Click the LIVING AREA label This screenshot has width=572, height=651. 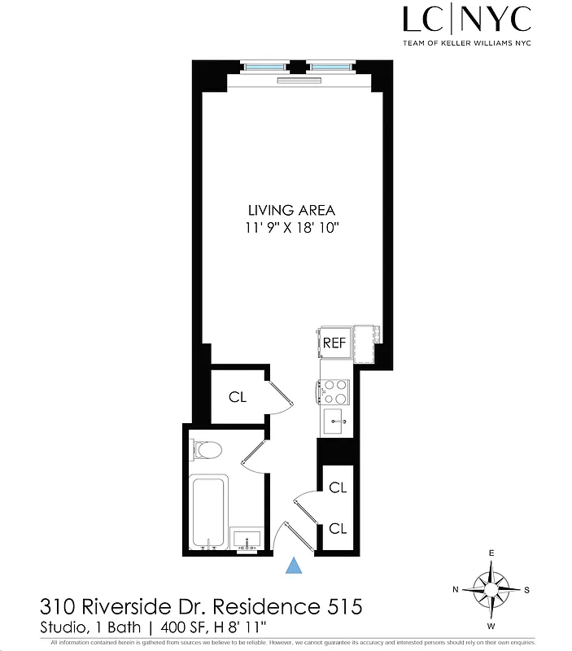click(291, 210)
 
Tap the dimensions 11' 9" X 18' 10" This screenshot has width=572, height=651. click(291, 229)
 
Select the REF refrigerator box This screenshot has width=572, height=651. click(334, 343)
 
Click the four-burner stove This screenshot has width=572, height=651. click(334, 391)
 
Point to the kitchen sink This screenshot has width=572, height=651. click(335, 421)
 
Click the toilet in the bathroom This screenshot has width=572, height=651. click(207, 450)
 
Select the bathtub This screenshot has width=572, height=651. click(209, 510)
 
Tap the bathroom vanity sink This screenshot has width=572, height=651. click(247, 539)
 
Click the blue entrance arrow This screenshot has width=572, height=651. click(295, 566)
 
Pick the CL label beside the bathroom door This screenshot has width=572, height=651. click(237, 397)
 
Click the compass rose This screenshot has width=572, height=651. click(491, 589)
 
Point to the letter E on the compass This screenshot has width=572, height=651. click(491, 553)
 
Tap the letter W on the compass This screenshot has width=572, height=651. click(491, 626)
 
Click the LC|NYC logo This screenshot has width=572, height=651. click(467, 19)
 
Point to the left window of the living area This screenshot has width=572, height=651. click(264, 66)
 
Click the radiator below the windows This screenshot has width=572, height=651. click(299, 80)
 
